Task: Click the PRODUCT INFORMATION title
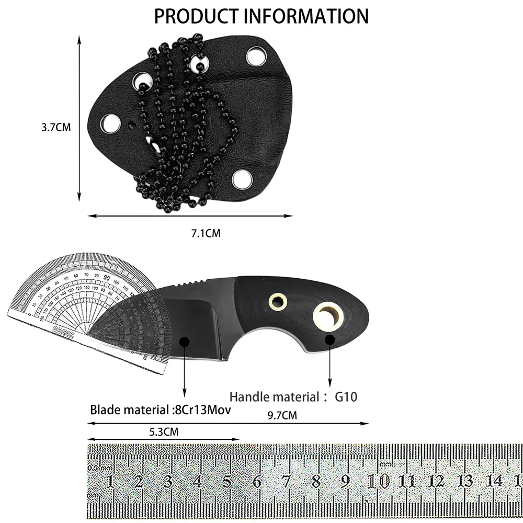[x=261, y=16]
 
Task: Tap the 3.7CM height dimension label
[x=55, y=127]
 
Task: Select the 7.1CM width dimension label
[x=206, y=233]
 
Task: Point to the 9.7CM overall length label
[x=282, y=416]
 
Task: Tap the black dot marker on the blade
[x=184, y=341]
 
